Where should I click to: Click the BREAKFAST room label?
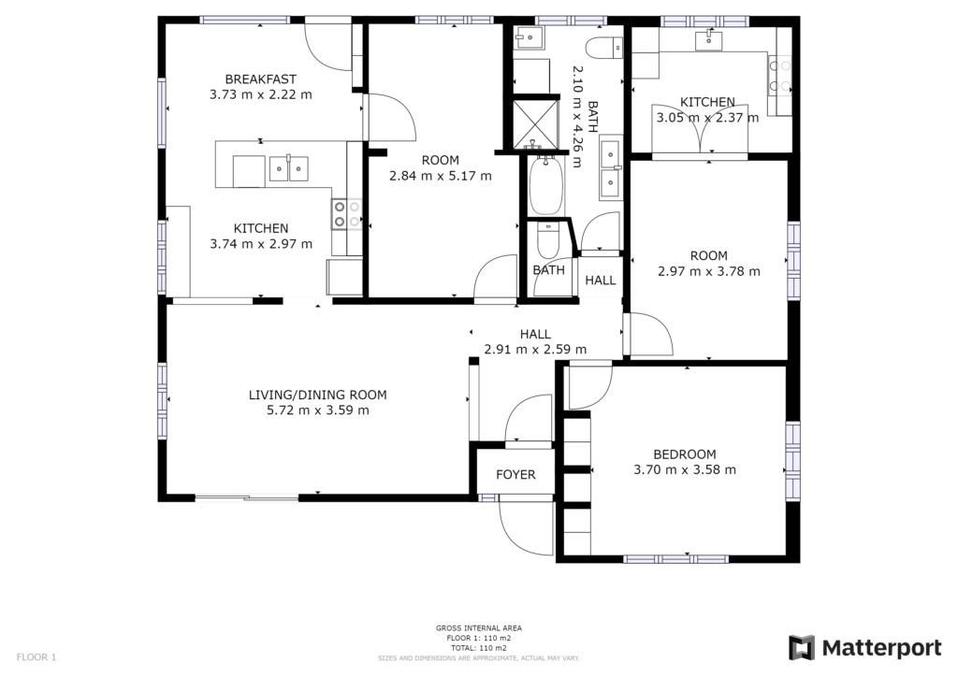(x=260, y=79)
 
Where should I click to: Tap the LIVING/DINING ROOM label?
(x=318, y=395)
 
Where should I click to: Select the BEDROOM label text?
(x=684, y=454)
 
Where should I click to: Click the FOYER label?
(x=515, y=474)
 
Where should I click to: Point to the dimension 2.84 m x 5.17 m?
(x=441, y=176)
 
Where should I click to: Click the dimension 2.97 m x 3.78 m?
(x=709, y=271)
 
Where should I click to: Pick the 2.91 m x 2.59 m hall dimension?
(x=535, y=349)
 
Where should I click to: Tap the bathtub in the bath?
(x=545, y=185)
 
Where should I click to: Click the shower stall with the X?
(x=535, y=124)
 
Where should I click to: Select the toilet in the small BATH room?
(x=547, y=240)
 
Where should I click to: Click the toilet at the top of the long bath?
(x=604, y=48)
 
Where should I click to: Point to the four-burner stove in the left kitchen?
(x=346, y=214)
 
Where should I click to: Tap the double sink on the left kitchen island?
(x=289, y=168)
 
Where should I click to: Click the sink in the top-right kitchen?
(x=709, y=41)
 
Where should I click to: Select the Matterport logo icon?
(x=801, y=648)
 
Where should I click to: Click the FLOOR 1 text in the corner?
(x=36, y=657)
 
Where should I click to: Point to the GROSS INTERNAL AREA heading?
(x=478, y=627)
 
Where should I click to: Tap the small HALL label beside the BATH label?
(x=601, y=281)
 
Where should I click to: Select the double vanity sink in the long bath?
(x=610, y=169)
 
